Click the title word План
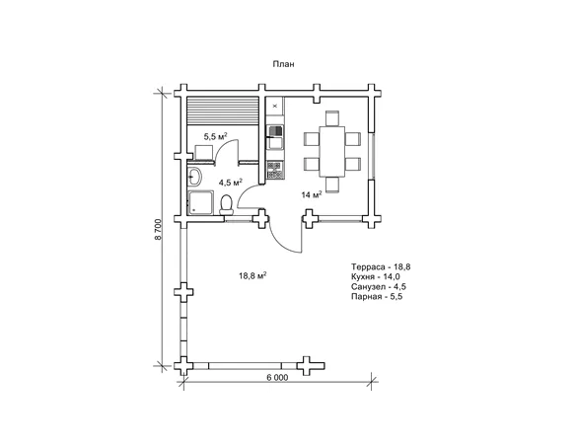(x=283, y=64)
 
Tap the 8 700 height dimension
(x=159, y=229)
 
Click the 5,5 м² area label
(x=215, y=137)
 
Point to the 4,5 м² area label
(x=231, y=183)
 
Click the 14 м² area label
(x=312, y=194)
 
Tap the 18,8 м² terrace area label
(x=252, y=275)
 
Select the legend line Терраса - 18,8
(x=381, y=266)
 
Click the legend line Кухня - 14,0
(x=376, y=276)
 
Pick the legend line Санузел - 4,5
(x=379, y=286)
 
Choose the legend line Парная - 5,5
(x=377, y=296)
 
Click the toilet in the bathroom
(x=226, y=205)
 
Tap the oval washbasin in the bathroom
(x=194, y=177)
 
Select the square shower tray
(x=200, y=202)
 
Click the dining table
(x=332, y=151)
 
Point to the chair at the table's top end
(x=332, y=118)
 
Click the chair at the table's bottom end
(x=332, y=185)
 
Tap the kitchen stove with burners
(x=275, y=170)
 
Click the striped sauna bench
(x=223, y=111)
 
